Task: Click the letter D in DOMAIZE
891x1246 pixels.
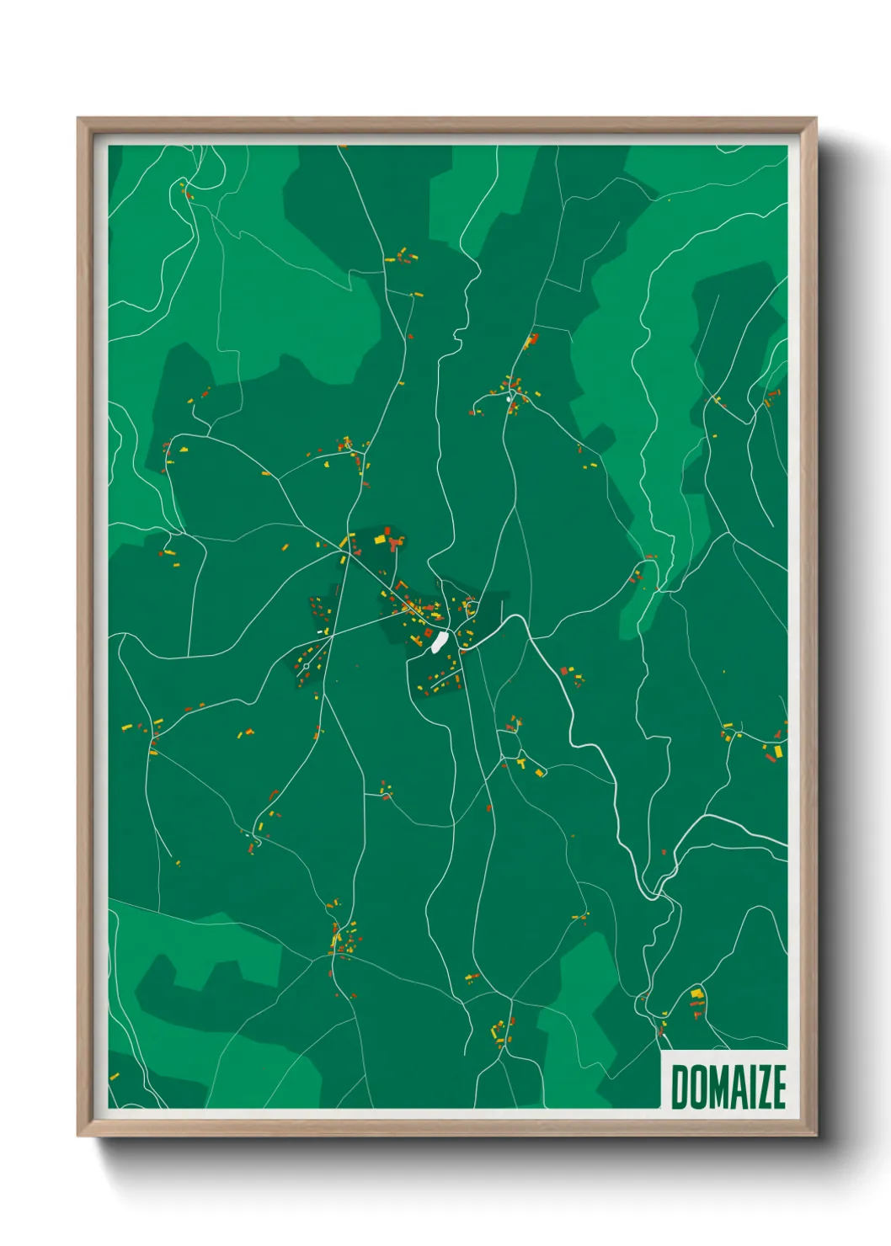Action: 679,1087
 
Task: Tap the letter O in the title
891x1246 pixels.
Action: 697,1087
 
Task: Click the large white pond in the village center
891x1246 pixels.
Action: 439,642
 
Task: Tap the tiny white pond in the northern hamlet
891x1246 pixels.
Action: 509,399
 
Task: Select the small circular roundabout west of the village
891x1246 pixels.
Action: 306,666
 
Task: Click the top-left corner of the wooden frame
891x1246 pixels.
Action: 78,119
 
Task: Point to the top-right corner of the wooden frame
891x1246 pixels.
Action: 815,119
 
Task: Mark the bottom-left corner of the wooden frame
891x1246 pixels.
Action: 78,1136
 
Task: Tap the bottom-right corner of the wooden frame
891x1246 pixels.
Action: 815,1136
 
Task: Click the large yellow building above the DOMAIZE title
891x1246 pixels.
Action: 696,994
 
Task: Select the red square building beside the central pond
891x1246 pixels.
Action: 428,631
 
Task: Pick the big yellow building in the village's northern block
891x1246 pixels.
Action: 379,538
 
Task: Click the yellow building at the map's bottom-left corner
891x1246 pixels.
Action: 115,1076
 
